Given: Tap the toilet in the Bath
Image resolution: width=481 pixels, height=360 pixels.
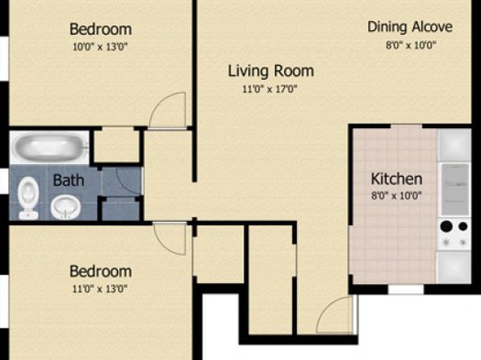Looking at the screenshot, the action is click(28, 198).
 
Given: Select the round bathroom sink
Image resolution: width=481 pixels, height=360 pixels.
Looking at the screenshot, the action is click(65, 207).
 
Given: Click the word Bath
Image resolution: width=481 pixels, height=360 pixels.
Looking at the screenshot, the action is click(69, 180).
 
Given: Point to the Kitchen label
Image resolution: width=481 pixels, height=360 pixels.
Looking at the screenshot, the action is click(396, 178).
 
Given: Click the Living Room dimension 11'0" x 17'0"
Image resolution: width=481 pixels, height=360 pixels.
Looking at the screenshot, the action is click(270, 90).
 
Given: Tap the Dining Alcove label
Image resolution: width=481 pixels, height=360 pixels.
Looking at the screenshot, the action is click(410, 27).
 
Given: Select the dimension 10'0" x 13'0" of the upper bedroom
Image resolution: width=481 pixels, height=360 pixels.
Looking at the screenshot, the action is click(100, 47).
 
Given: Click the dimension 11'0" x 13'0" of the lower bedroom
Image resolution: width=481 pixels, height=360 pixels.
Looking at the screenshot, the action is click(100, 289).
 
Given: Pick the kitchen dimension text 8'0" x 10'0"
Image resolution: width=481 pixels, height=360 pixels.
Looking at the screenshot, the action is click(396, 195).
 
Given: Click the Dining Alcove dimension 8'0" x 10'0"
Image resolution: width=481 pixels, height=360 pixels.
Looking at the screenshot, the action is click(411, 45).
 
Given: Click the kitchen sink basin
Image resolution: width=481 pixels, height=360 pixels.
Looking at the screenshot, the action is click(455, 190).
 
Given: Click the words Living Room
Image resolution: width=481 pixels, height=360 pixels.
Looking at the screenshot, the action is click(271, 71).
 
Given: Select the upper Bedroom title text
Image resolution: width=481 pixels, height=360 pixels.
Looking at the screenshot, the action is click(101, 29).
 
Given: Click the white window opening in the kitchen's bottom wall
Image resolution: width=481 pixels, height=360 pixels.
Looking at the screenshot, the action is click(406, 290).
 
